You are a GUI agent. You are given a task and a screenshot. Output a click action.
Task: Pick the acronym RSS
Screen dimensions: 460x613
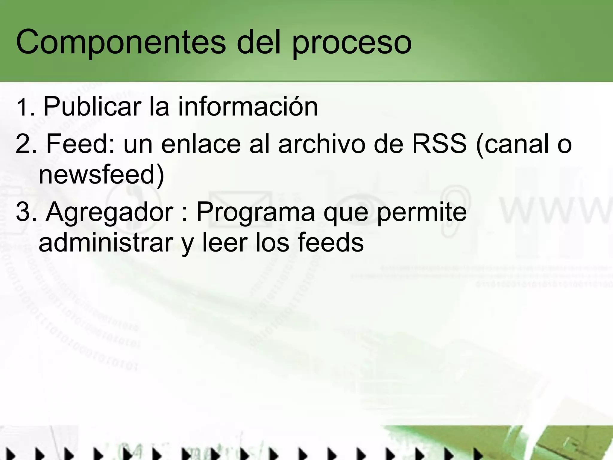(439, 144)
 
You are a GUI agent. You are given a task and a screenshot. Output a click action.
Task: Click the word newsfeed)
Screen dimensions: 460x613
(101, 175)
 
